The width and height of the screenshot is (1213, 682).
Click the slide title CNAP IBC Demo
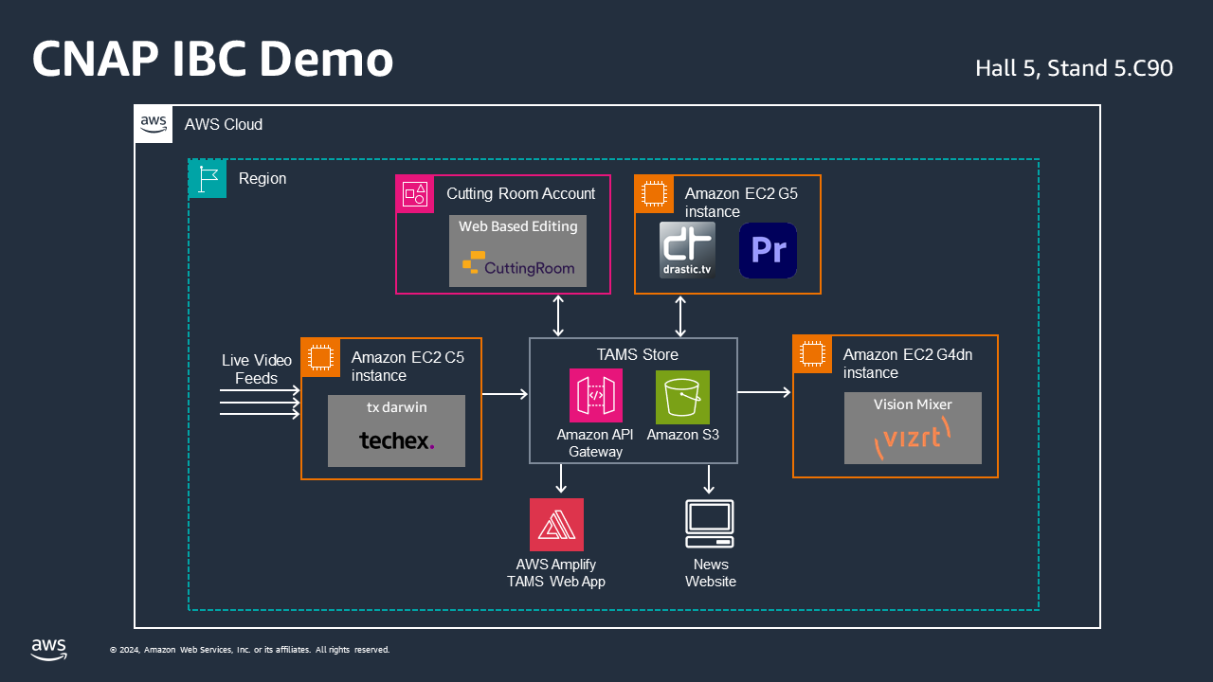(212, 60)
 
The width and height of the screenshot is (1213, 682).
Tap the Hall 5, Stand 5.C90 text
(1074, 68)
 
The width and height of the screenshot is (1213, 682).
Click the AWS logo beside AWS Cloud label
(154, 124)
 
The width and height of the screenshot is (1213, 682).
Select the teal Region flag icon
(208, 179)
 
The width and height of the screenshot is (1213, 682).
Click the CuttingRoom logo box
(517, 251)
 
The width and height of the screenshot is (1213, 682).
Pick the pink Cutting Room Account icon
(415, 194)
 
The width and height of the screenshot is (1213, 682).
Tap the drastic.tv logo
(687, 251)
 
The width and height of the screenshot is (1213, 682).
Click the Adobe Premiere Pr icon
(768, 251)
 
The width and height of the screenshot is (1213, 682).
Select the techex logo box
(396, 431)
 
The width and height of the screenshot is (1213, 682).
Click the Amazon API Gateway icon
(596, 396)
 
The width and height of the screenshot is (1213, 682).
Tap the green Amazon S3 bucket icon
(682, 397)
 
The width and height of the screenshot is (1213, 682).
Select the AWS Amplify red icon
(556, 525)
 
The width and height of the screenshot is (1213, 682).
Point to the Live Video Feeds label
(256, 369)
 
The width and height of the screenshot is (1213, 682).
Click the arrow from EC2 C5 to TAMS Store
(504, 394)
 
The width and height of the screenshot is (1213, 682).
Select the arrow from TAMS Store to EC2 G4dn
(764, 392)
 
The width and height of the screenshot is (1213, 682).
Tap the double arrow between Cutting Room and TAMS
(558, 315)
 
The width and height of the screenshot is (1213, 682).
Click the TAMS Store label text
(637, 355)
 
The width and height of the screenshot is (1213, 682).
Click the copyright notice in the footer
(250, 650)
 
